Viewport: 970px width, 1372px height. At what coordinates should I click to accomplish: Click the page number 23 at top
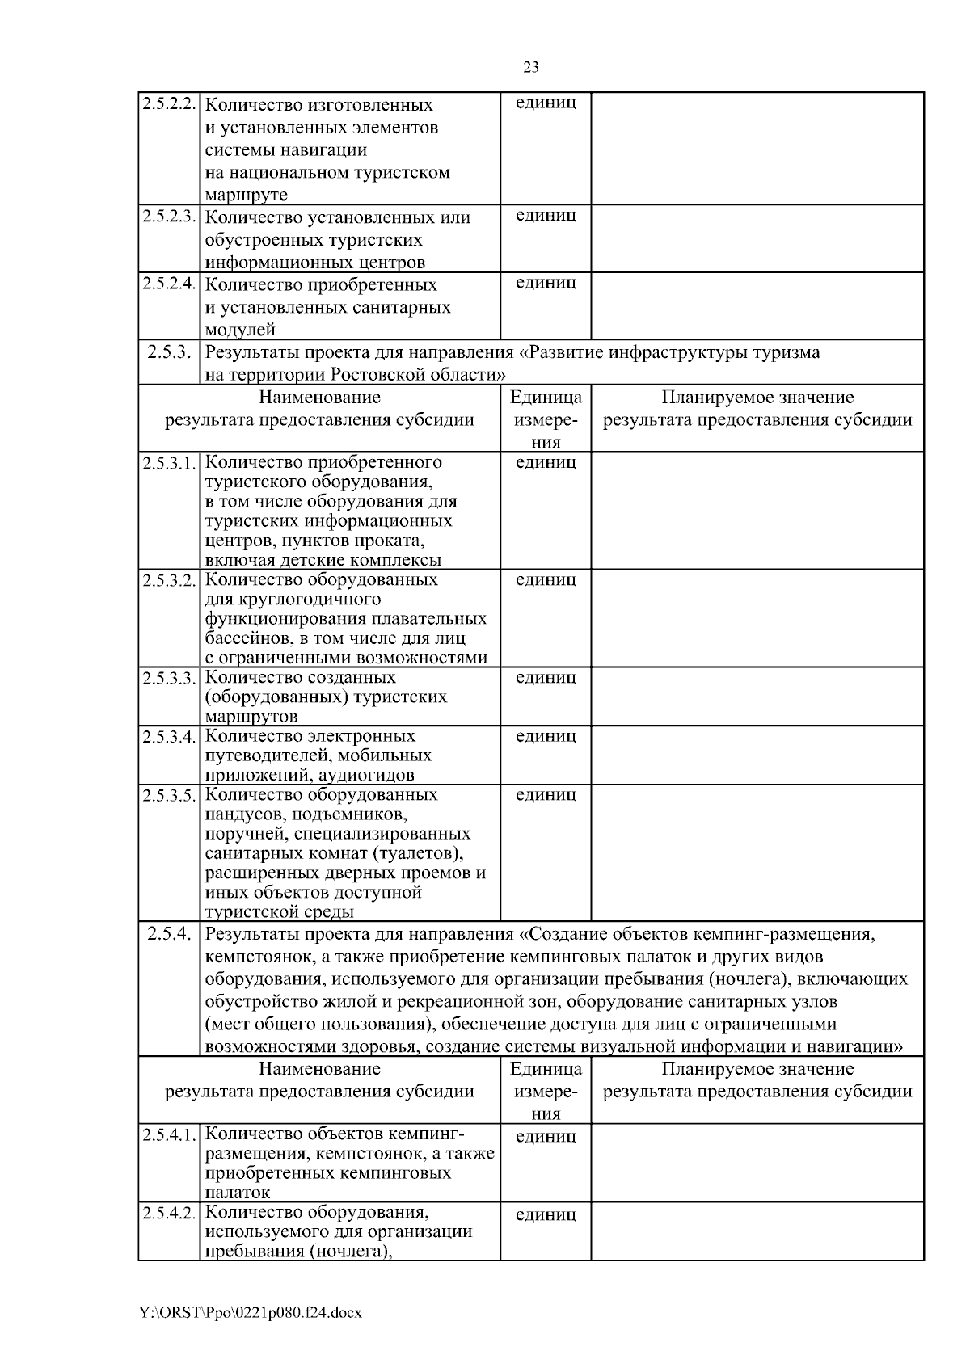click(531, 68)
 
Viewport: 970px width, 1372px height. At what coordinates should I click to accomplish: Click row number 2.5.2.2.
click(169, 105)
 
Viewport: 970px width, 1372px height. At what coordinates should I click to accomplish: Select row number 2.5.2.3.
click(169, 217)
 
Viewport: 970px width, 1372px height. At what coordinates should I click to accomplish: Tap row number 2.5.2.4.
click(169, 284)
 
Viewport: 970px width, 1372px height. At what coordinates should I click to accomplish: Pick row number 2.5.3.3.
click(169, 678)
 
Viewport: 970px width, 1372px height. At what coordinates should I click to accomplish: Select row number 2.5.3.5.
click(169, 795)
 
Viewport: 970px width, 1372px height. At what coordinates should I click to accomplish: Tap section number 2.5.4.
click(169, 935)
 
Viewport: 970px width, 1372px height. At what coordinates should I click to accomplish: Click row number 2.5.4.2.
click(169, 1214)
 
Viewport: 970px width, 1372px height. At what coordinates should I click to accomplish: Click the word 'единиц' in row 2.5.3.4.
click(546, 736)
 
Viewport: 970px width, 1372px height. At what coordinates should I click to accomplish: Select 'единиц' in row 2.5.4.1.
click(546, 1137)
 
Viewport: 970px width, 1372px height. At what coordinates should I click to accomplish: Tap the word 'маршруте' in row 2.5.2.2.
click(246, 196)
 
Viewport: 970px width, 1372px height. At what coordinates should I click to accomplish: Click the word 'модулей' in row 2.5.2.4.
click(240, 330)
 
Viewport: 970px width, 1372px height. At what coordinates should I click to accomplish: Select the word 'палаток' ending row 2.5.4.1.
click(238, 1193)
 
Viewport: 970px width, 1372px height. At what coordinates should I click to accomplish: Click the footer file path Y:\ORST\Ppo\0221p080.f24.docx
click(250, 1314)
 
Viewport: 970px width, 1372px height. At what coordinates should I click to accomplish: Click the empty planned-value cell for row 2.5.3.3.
click(757, 696)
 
